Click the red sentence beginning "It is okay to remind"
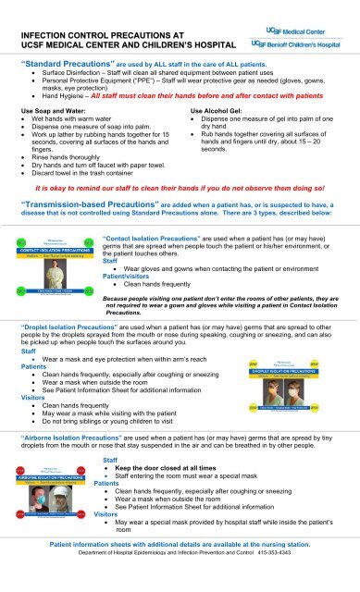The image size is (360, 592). [x=180, y=184]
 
